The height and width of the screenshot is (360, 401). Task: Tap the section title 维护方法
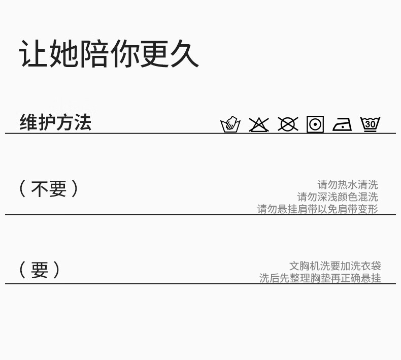tap(55, 122)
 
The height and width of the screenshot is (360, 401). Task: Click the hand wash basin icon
tap(230, 124)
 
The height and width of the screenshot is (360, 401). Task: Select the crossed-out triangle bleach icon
tap(259, 124)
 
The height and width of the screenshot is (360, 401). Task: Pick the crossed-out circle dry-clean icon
tap(288, 124)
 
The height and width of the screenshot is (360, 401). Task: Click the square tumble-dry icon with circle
tap(315, 124)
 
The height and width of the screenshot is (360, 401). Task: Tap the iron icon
tap(342, 124)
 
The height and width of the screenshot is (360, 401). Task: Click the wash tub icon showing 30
tap(370, 124)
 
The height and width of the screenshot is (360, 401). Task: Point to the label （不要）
tap(49, 189)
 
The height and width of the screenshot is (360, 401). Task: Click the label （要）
tap(39, 270)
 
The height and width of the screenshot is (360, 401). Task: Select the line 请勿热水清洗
tap(348, 185)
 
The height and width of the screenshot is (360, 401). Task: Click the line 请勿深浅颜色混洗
tap(338, 197)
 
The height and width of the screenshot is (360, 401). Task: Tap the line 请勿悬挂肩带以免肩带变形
tap(318, 209)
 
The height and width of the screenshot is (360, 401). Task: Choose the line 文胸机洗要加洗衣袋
tap(335, 266)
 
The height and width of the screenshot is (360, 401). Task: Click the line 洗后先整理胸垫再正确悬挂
tap(320, 278)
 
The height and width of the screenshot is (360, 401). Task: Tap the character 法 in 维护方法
tap(82, 122)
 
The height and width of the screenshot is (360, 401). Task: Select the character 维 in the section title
tap(28, 122)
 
